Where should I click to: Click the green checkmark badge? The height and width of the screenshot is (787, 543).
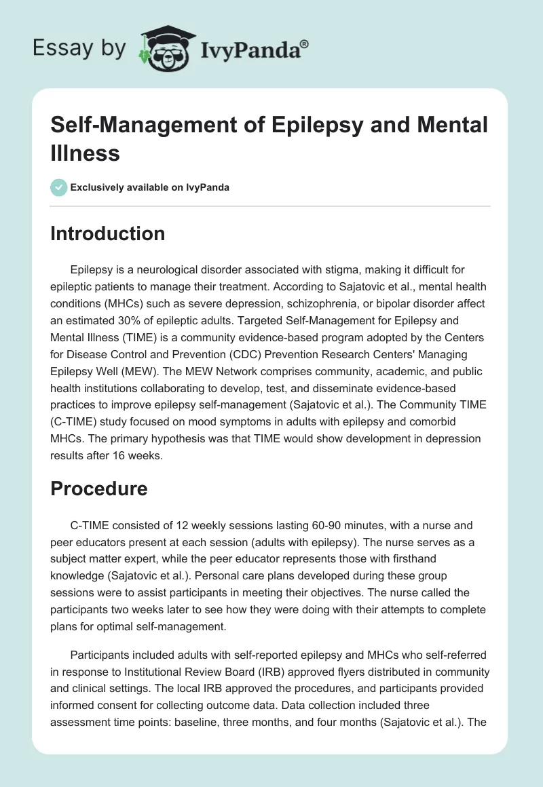click(x=59, y=187)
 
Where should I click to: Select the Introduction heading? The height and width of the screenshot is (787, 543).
click(x=108, y=233)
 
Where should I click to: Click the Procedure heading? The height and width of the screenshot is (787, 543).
click(x=99, y=488)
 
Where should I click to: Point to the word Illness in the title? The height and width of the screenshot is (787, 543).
click(x=86, y=153)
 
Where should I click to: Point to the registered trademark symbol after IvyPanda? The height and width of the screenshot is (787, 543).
click(x=305, y=44)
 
